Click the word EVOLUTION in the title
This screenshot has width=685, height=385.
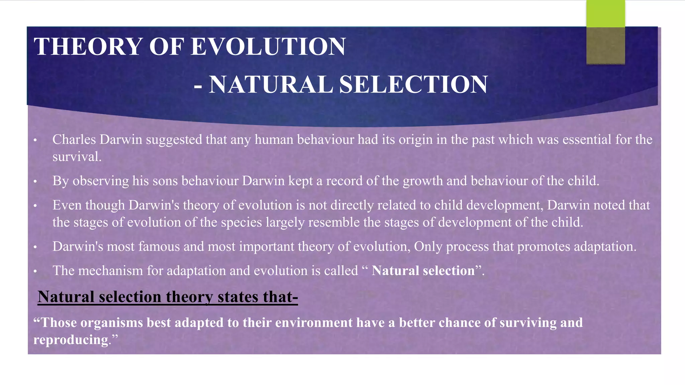[268, 46]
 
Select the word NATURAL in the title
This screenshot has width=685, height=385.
[271, 84]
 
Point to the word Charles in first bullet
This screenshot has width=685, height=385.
[74, 139]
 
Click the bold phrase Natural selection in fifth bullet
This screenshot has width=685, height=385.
[423, 271]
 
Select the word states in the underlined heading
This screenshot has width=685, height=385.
[237, 297]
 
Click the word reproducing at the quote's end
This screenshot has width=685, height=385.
[71, 340]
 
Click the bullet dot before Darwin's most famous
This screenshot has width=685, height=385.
[35, 247]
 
